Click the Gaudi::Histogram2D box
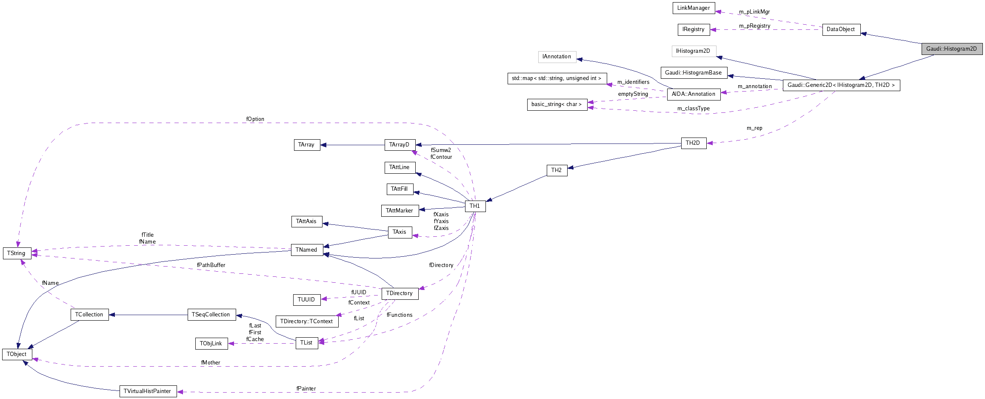pos(951,49)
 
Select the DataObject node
pos(841,29)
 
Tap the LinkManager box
pos(694,8)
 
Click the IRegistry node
pos(694,29)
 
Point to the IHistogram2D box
pos(694,51)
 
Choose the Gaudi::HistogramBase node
pos(694,73)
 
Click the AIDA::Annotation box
pos(694,94)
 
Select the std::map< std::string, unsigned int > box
pos(557,78)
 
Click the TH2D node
pos(693,143)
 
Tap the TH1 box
pos(475,206)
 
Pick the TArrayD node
pos(400,145)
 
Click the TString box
pos(17,253)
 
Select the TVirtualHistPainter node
pos(148,391)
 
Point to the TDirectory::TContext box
pos(307,321)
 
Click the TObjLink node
pos(211,344)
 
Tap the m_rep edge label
pos(754,128)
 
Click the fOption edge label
pos(255,119)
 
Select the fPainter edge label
pos(306,389)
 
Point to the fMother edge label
pos(211,363)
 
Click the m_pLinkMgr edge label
pos(754,12)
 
